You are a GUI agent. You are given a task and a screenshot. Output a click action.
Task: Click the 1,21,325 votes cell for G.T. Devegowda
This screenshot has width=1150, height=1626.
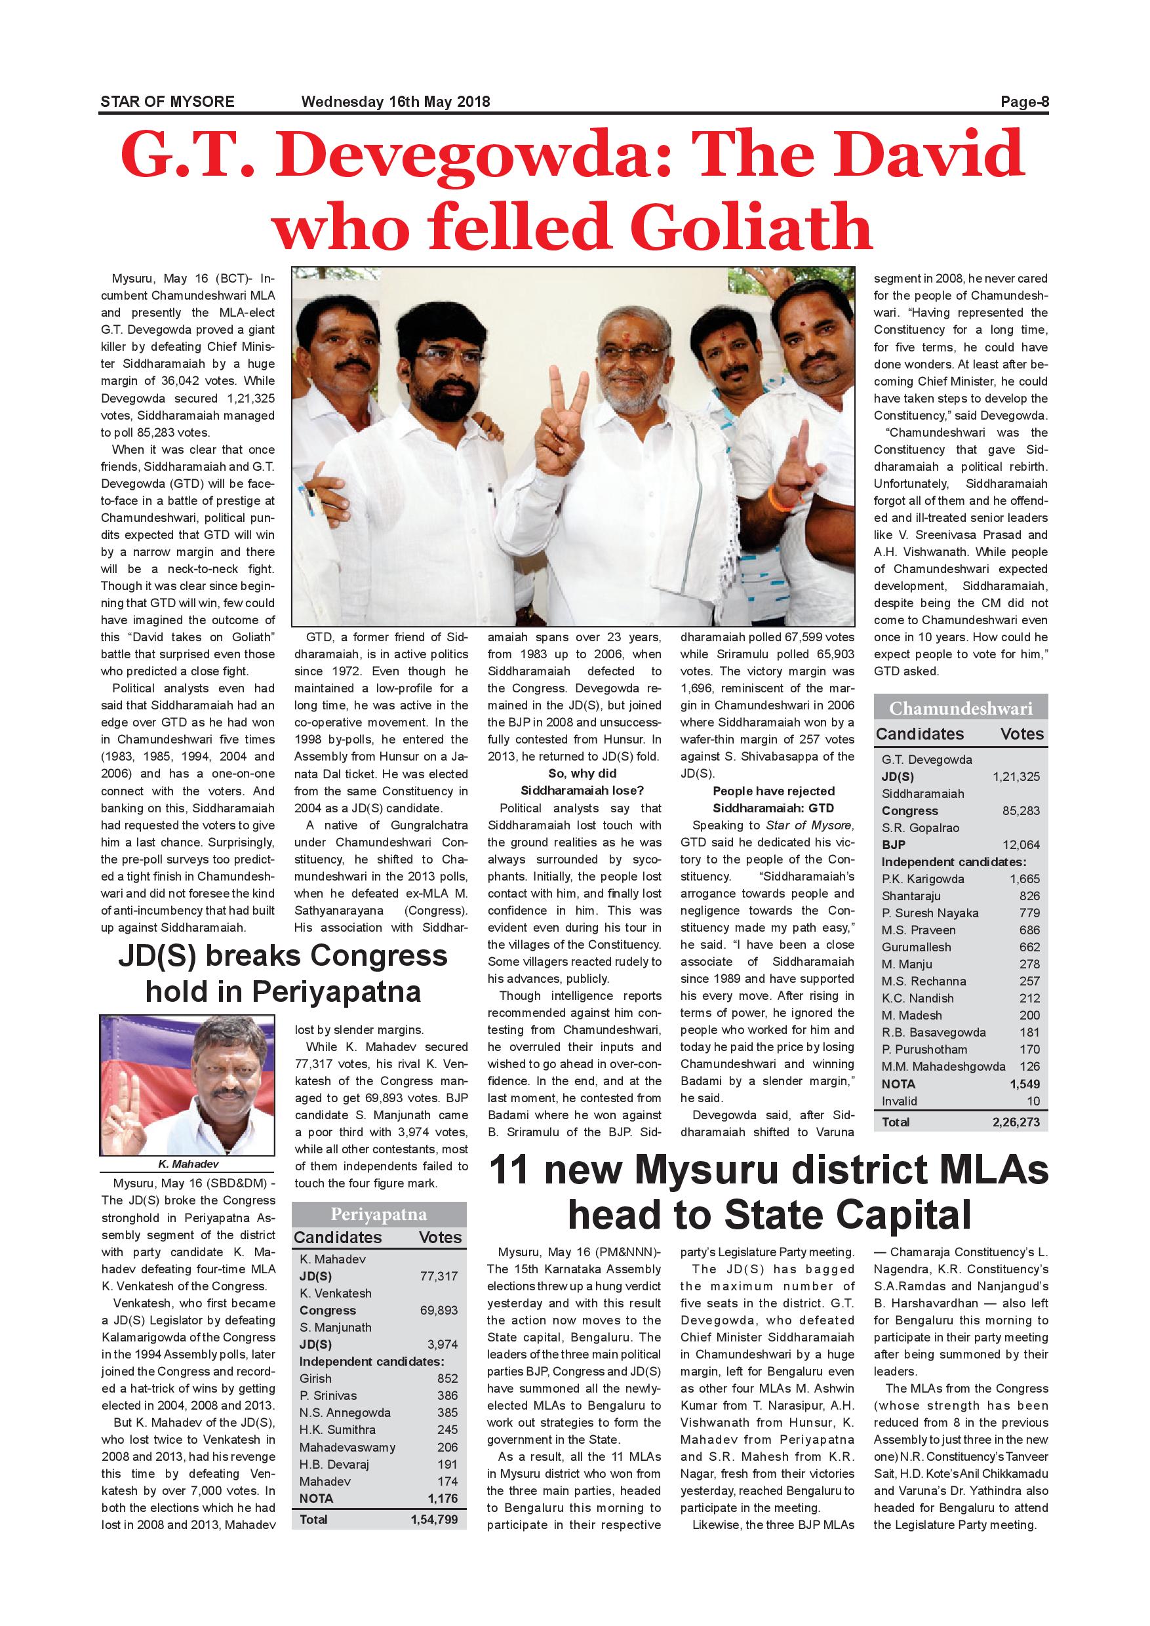1016,777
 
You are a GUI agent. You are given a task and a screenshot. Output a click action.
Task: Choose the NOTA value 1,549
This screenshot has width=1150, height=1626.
1025,1084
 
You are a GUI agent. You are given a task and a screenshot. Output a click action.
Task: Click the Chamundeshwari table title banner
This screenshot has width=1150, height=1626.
961,709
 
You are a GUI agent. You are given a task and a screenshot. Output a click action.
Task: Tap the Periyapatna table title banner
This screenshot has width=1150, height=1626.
379,1214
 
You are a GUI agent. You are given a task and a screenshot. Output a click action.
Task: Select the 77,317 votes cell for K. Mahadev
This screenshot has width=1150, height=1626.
439,1276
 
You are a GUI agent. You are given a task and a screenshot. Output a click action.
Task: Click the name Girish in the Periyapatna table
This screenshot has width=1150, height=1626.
315,1379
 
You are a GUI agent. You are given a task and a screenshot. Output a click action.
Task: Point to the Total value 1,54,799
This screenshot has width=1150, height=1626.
434,1520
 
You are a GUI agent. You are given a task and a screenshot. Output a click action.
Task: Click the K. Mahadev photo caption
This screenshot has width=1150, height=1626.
188,1164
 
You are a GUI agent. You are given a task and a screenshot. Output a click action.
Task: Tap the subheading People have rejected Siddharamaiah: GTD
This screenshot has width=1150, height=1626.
773,799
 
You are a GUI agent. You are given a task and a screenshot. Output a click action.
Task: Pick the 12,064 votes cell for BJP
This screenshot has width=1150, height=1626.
1020,845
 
